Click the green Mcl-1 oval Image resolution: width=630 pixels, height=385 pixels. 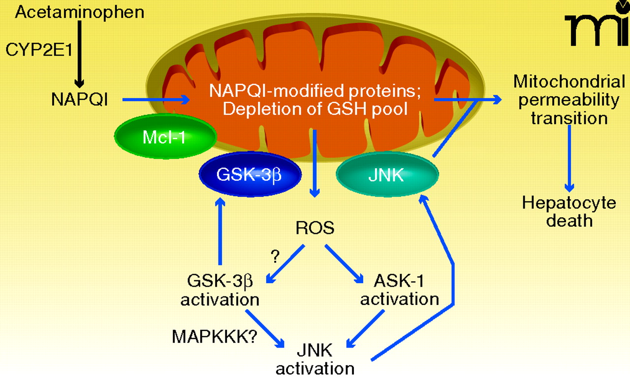coord(164,138)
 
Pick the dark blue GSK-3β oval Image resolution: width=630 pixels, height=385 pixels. coord(250,175)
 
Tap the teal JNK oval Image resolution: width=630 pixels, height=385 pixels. coord(386,175)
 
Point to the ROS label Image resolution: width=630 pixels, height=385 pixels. coord(315,228)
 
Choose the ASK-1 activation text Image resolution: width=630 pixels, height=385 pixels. coord(399,290)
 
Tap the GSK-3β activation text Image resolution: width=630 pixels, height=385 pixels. coord(220,290)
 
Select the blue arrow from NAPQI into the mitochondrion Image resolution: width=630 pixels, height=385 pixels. coord(156,100)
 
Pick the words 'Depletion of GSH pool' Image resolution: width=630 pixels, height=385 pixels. coord(315,109)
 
